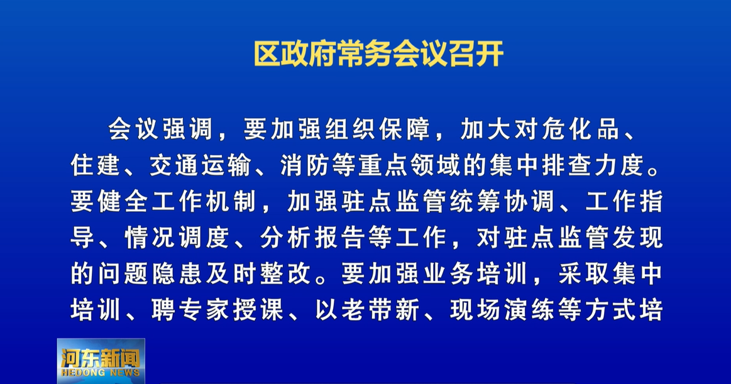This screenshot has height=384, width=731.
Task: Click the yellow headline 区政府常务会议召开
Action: tap(378, 54)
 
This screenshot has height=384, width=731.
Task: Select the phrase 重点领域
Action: tap(410, 165)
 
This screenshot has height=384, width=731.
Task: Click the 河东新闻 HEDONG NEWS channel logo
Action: tap(101, 361)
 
